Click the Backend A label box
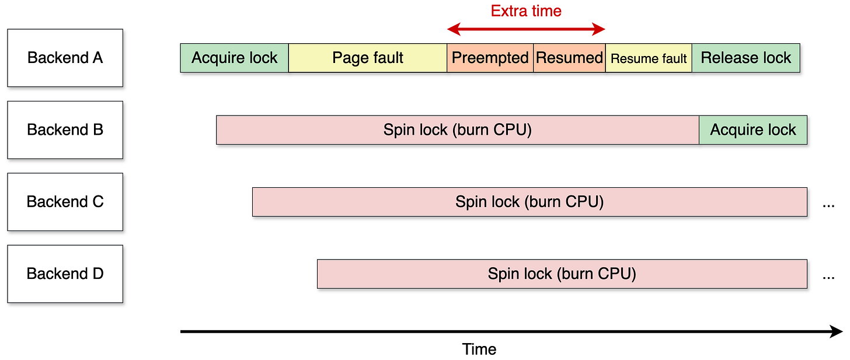(65, 58)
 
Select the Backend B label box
(65, 130)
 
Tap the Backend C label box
(65, 202)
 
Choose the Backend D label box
(65, 274)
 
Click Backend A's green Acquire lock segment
(234, 58)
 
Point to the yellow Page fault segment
(368, 58)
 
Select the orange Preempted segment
(490, 58)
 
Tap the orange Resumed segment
(569, 58)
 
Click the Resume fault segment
(649, 58)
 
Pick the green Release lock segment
(746, 58)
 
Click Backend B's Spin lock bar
(457, 130)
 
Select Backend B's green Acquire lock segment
(753, 130)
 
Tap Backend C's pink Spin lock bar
(529, 202)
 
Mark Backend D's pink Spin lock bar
(562, 274)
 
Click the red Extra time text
(526, 11)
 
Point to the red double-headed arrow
(526, 29)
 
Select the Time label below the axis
(479, 349)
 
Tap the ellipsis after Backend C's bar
(828, 205)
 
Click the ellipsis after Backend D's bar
(828, 277)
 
